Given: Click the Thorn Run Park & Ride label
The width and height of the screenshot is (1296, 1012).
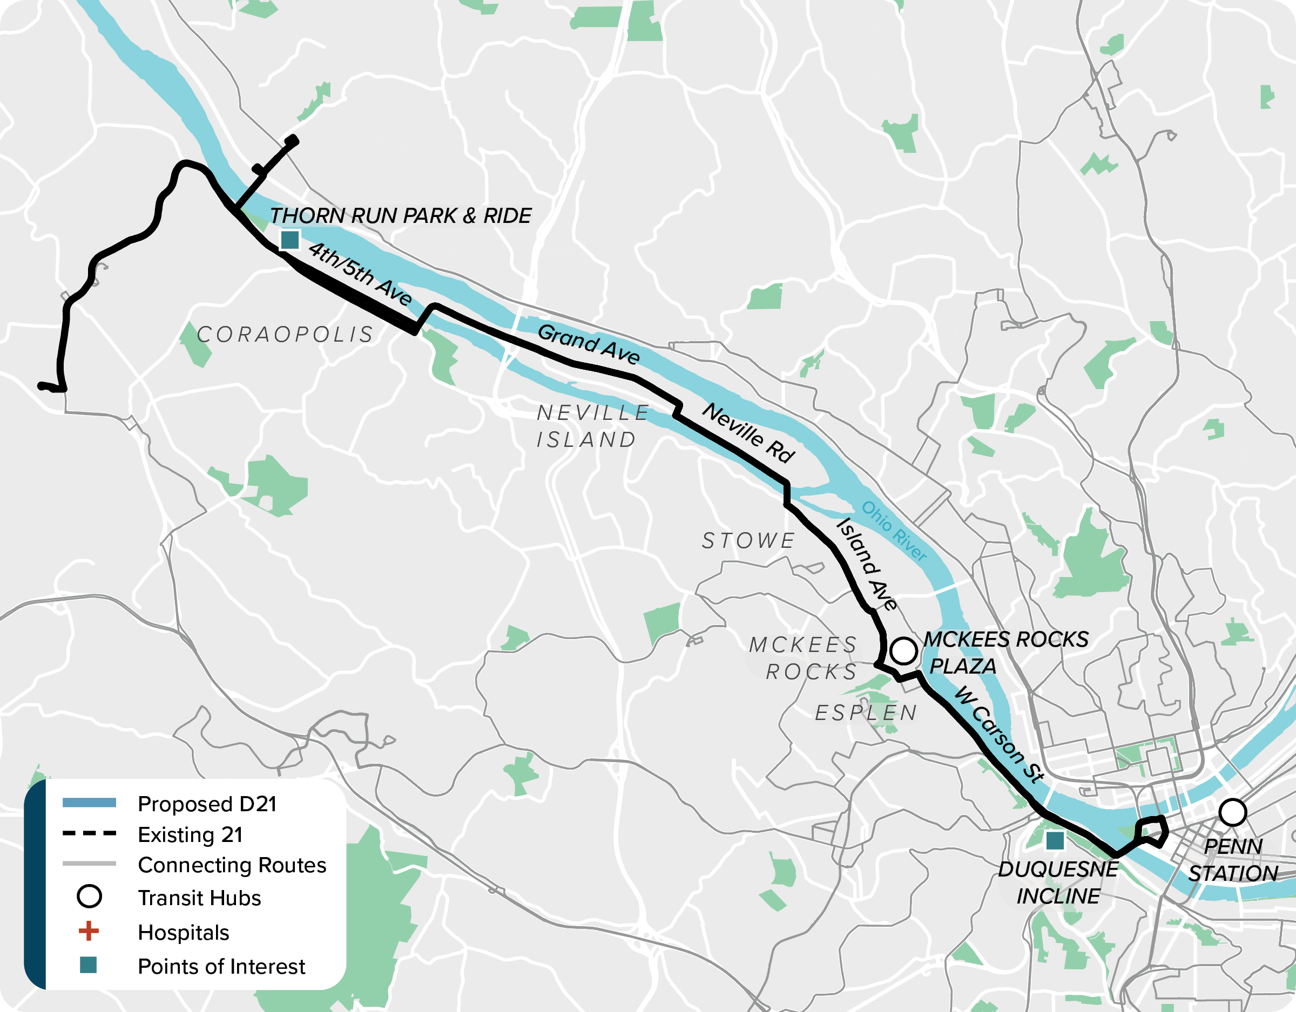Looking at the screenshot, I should point(401,216).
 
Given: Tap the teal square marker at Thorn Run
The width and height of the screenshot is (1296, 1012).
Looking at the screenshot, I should point(289,240).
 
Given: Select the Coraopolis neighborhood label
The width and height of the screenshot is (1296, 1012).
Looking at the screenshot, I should point(286,335).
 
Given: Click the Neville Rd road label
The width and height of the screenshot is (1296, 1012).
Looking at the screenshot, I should point(748,433).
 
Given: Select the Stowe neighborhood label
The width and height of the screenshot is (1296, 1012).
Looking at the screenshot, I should point(748,541).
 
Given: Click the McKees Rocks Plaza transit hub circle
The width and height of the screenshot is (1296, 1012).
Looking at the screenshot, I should point(903,651).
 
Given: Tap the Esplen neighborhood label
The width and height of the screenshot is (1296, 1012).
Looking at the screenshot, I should point(866,713).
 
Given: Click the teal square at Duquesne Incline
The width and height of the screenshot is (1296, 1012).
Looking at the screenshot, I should point(1055,840).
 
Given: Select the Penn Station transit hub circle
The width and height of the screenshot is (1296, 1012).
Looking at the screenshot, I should point(1232,813).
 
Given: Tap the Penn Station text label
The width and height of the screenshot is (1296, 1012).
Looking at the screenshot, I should point(1232,860).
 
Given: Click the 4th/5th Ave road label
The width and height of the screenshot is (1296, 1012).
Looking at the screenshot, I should point(360,274).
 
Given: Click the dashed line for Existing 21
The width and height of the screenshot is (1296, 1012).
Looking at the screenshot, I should point(89,833).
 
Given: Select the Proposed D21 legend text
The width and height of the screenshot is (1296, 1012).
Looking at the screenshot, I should point(207,804).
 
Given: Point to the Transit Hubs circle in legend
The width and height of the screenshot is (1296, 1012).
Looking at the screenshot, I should point(89,896).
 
